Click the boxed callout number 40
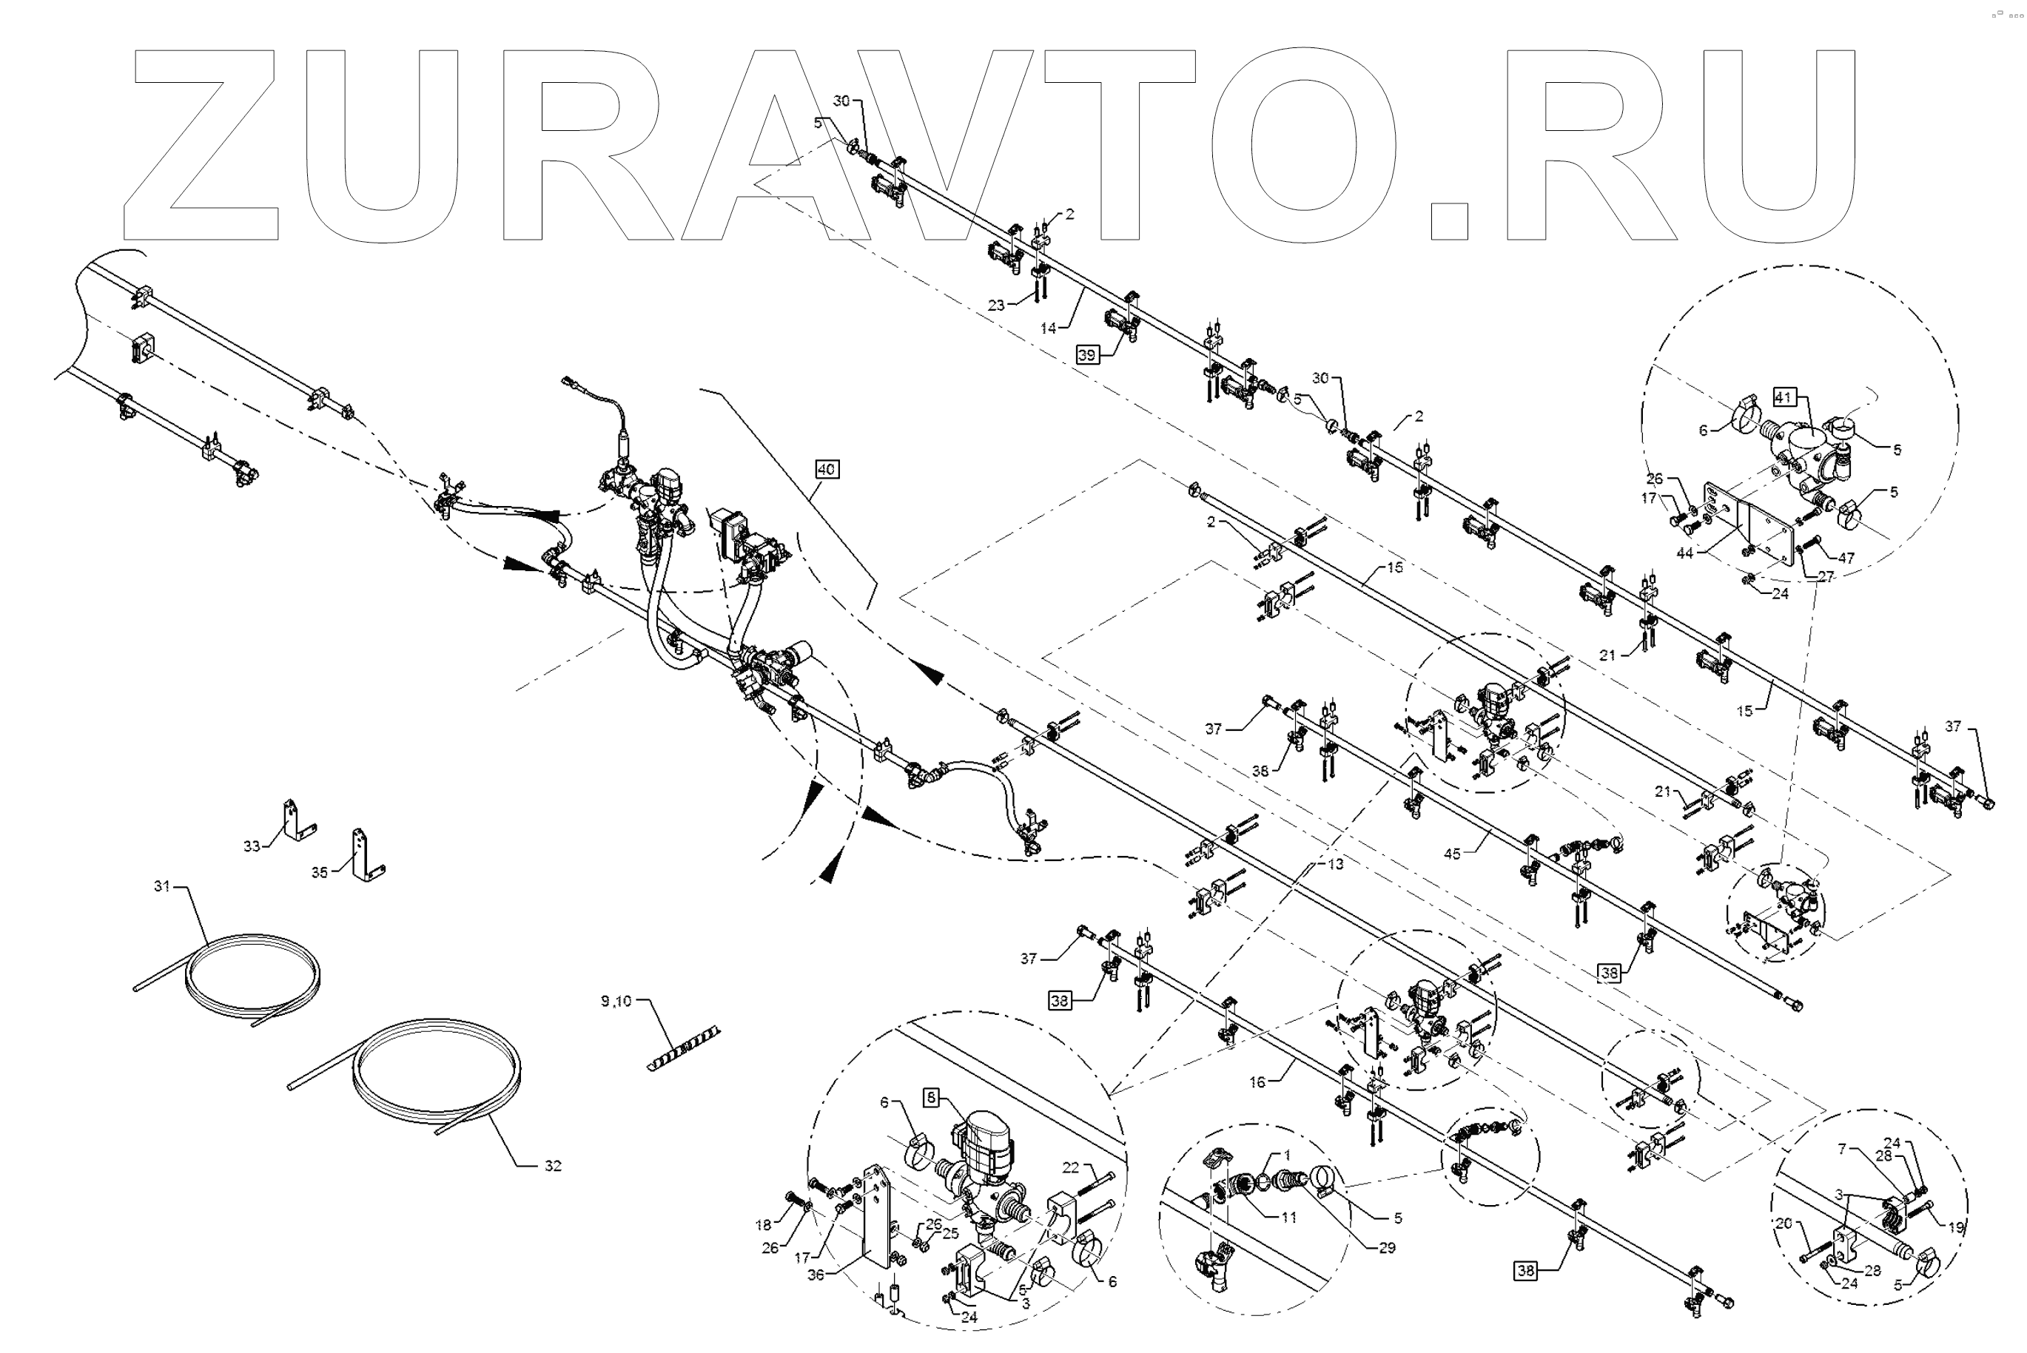click(826, 470)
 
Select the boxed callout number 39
click(1087, 354)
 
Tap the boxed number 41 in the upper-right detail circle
click(1784, 397)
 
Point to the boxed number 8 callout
click(931, 1098)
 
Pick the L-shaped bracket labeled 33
click(296, 820)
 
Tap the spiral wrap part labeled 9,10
click(684, 1047)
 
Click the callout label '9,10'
click(616, 1001)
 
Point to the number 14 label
click(1048, 328)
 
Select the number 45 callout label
click(1452, 854)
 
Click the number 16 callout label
click(1257, 1082)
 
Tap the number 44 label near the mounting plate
click(1684, 553)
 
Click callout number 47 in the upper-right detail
click(1846, 559)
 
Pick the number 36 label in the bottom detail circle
click(816, 1275)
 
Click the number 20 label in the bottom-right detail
click(1784, 1223)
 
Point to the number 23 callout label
click(996, 305)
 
